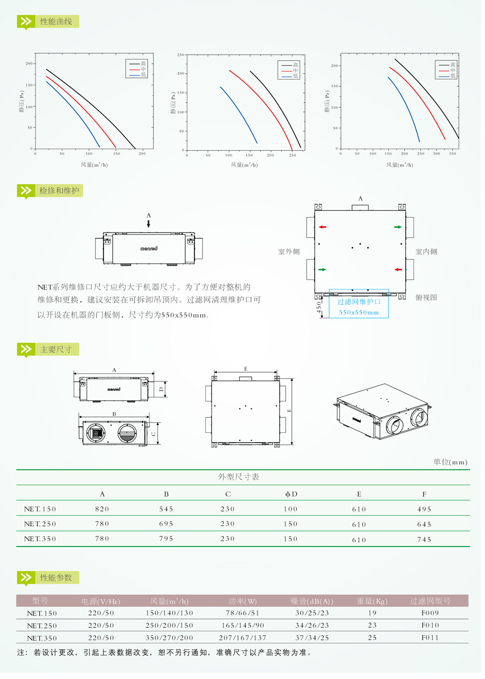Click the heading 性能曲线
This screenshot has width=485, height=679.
click(x=56, y=22)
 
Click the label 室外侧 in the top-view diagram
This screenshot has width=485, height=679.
click(x=289, y=251)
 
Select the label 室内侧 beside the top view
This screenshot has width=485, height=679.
click(x=426, y=251)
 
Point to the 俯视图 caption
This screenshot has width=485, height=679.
click(x=426, y=297)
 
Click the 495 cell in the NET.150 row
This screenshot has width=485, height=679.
click(x=424, y=509)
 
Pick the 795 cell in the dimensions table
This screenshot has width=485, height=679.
click(x=166, y=539)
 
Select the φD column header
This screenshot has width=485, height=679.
click(x=291, y=494)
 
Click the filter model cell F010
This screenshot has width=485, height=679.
click(x=430, y=625)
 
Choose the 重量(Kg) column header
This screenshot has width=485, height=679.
click(x=372, y=601)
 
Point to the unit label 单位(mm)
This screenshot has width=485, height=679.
click(x=451, y=462)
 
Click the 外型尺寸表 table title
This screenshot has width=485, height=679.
click(x=239, y=477)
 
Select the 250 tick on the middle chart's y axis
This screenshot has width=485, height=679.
click(x=181, y=55)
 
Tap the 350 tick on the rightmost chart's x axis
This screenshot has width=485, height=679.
click(x=453, y=154)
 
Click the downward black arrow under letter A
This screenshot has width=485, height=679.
click(x=149, y=223)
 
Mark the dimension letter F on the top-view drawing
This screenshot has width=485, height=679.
click(x=289, y=410)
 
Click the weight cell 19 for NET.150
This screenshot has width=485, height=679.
click(x=372, y=613)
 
